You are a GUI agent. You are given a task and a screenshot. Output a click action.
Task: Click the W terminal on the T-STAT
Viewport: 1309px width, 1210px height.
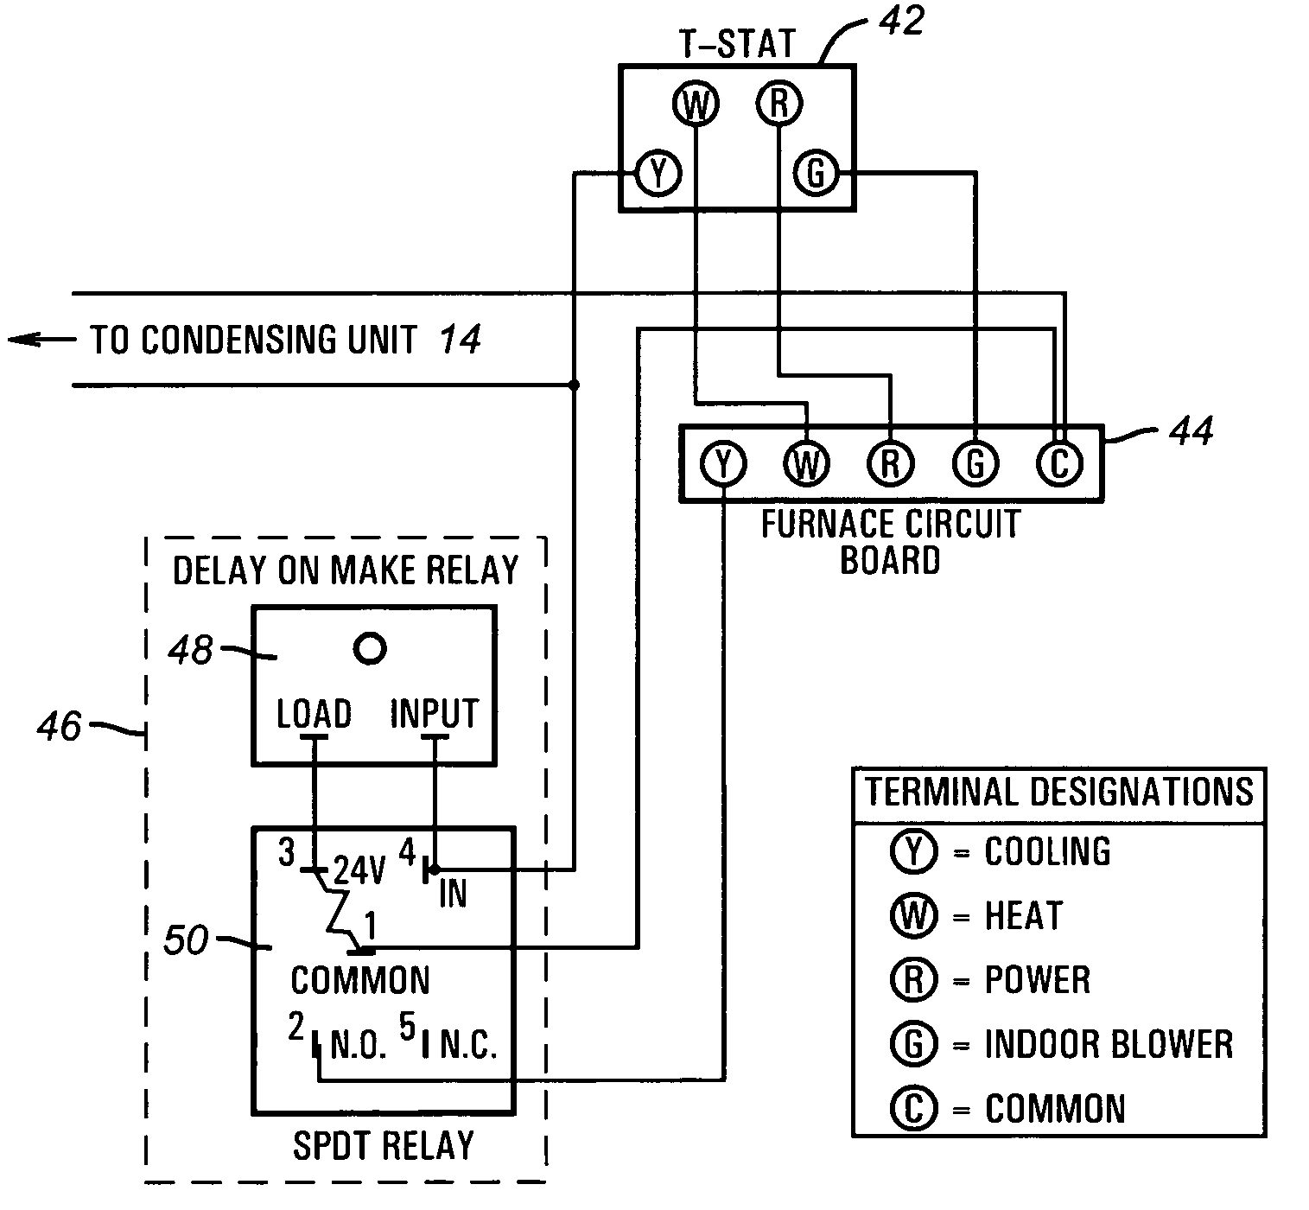click(x=696, y=104)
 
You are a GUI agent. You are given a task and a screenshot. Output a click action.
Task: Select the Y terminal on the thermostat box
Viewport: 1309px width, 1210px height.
click(x=658, y=174)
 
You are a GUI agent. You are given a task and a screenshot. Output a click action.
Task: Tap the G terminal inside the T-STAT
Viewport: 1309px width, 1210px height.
click(x=816, y=174)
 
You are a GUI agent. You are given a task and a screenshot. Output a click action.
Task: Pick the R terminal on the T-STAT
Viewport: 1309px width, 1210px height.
click(x=779, y=104)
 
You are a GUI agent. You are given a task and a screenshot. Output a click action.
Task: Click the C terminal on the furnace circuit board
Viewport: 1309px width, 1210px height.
click(x=1059, y=463)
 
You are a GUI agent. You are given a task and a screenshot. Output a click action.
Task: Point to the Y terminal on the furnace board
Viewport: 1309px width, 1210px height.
click(x=723, y=463)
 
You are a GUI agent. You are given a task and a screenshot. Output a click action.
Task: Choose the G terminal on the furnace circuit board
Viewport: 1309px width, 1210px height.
click(x=975, y=463)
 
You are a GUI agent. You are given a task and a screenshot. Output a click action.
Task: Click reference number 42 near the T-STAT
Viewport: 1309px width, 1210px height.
click(x=902, y=22)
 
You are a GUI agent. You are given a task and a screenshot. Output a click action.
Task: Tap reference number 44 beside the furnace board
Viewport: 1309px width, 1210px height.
click(x=1191, y=432)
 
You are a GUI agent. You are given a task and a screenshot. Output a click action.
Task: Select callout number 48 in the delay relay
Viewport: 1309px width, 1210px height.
click(x=190, y=649)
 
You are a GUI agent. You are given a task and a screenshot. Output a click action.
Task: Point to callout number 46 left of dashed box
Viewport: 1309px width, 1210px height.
click(x=60, y=727)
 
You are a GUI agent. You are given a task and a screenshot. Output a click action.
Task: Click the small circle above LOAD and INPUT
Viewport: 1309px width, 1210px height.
click(x=370, y=648)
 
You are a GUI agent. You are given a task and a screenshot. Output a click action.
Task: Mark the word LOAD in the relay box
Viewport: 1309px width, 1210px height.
click(x=315, y=714)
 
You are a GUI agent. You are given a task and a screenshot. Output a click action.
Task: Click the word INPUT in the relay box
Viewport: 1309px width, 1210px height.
click(x=435, y=714)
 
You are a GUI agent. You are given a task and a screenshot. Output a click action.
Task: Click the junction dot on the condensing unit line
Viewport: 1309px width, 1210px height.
click(x=574, y=385)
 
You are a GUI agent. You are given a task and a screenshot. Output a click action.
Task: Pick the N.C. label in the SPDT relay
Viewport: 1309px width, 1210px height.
click(x=468, y=1045)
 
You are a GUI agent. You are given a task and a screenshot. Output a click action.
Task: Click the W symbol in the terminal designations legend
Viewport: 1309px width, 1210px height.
click(x=913, y=915)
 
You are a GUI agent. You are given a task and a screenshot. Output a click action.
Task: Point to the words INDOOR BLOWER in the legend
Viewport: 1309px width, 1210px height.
click(x=1109, y=1045)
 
